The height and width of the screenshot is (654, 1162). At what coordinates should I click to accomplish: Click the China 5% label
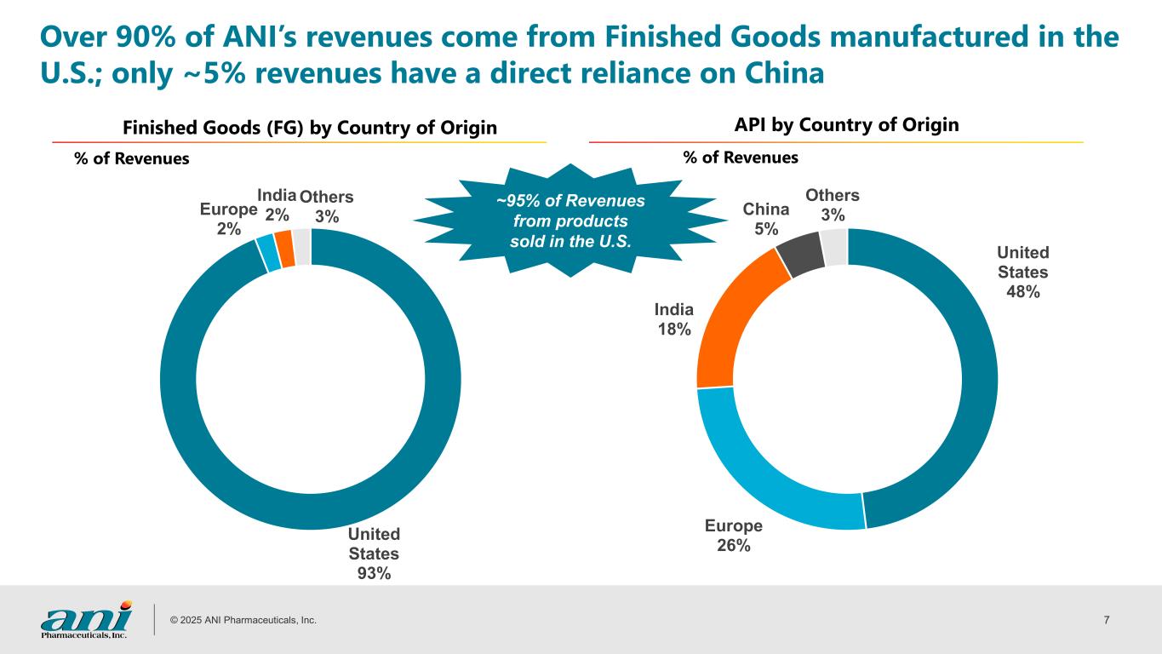point(766,219)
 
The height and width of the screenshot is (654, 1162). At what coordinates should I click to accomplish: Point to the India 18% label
point(674,319)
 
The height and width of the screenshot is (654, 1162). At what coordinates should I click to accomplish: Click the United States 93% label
point(374,554)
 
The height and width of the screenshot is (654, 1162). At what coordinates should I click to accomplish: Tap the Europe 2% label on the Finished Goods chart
point(228,220)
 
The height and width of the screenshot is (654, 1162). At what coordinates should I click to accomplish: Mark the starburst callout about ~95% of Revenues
point(570,221)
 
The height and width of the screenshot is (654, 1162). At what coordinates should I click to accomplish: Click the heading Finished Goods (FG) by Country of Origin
point(310,128)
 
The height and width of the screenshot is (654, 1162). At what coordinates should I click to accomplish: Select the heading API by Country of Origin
point(846,124)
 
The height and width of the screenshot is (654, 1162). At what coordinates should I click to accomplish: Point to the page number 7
point(1107,620)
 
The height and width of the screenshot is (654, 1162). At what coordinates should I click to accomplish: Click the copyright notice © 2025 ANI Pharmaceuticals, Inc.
point(243,620)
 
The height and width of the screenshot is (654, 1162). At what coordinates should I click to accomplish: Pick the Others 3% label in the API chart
point(832,205)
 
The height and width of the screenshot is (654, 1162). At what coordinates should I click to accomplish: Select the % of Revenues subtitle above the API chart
point(741,158)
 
